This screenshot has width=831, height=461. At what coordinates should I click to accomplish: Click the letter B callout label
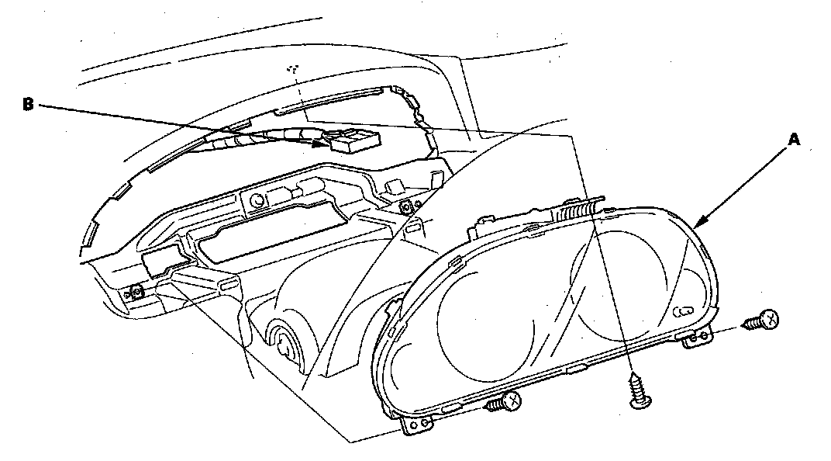click(28, 103)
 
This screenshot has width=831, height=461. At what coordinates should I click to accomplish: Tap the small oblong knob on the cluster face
click(683, 312)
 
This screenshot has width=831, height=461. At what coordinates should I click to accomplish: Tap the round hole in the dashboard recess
click(257, 200)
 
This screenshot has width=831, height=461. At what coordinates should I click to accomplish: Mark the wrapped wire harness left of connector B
click(233, 145)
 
